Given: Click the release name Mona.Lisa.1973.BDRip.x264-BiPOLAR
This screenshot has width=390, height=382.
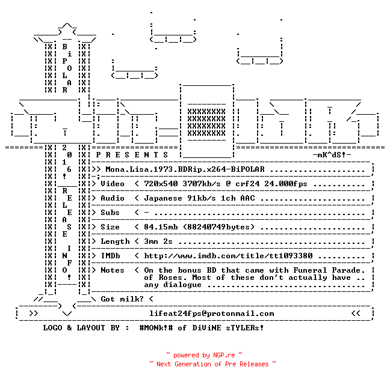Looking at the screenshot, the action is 185,169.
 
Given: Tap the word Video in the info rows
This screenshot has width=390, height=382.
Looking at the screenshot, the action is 113,184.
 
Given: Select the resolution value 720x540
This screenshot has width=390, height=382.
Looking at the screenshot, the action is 161,184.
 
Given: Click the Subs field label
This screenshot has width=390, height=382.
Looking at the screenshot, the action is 110,213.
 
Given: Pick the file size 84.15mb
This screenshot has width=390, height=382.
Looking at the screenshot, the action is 161,227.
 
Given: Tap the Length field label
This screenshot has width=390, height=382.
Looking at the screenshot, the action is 115,241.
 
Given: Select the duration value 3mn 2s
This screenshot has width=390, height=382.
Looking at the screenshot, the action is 158,241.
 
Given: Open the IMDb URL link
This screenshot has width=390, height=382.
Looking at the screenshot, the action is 228,256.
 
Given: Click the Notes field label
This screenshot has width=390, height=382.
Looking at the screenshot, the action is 113,270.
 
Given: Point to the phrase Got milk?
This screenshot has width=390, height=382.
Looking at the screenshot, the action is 122,299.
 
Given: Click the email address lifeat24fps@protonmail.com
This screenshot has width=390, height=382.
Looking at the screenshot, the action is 212,314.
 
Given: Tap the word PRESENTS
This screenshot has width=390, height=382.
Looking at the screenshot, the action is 132,155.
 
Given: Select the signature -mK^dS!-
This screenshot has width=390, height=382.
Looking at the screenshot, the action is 332,155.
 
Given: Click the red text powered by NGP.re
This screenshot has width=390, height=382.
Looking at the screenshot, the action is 204,355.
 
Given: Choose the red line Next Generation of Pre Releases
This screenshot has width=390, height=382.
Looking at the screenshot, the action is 212,364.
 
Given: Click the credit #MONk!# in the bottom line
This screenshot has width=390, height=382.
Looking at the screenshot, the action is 156,328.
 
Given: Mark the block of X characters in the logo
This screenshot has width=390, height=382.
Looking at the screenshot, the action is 206,123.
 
